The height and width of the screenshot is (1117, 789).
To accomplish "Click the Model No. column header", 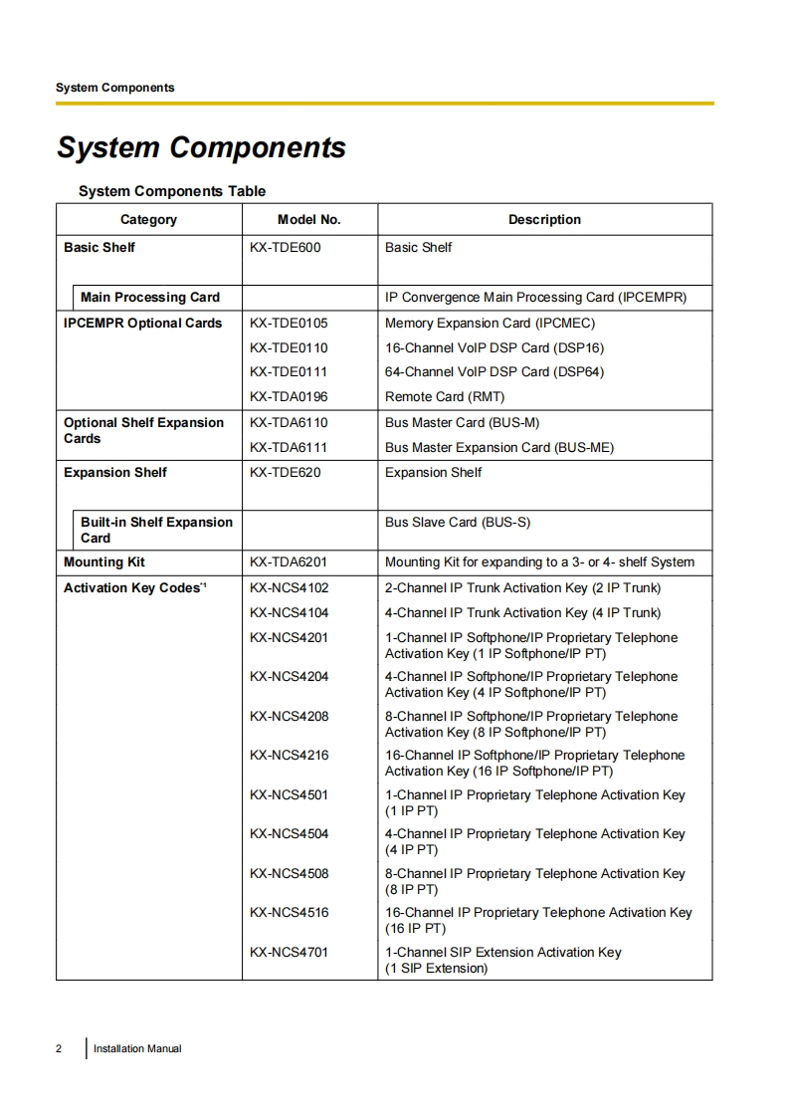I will (308, 220).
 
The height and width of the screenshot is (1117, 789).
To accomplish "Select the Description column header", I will (544, 220).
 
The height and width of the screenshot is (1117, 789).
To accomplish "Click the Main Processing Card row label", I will (150, 298).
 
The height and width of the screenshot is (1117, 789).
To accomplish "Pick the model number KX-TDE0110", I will (289, 348).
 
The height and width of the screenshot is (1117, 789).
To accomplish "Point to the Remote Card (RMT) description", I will (445, 397).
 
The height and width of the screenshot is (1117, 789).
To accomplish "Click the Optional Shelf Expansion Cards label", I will (143, 431).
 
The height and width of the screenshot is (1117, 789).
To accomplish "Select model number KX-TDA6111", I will (289, 448).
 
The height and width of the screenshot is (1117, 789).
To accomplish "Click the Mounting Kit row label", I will (104, 562).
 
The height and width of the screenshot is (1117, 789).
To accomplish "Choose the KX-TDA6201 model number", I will (289, 562).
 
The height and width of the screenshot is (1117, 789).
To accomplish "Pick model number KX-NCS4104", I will (289, 613).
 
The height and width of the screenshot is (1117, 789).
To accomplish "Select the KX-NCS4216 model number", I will (289, 756).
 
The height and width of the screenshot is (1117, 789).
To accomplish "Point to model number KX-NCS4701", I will (289, 953).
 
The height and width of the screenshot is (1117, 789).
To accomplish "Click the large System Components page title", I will (201, 147).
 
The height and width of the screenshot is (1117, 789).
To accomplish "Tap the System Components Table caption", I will (172, 191).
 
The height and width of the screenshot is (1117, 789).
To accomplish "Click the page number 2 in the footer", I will (59, 1048).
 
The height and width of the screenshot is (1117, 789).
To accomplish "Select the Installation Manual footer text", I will (137, 1048).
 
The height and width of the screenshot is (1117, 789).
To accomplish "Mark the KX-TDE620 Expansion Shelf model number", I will (285, 473).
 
